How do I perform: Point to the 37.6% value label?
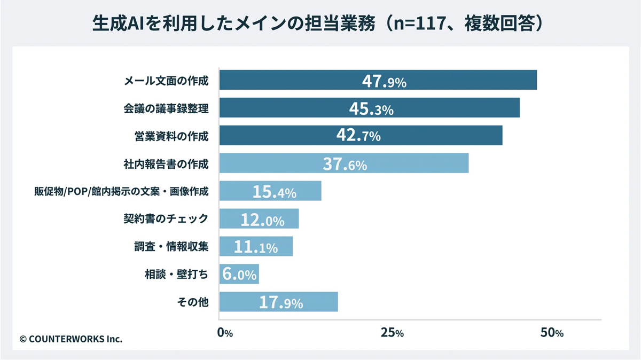point(345,164)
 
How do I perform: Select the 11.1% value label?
point(256,247)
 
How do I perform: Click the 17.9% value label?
point(281,303)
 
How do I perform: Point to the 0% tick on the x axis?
point(225,333)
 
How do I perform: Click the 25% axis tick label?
point(392,333)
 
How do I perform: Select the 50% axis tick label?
point(552,333)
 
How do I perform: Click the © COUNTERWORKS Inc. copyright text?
point(71,339)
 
